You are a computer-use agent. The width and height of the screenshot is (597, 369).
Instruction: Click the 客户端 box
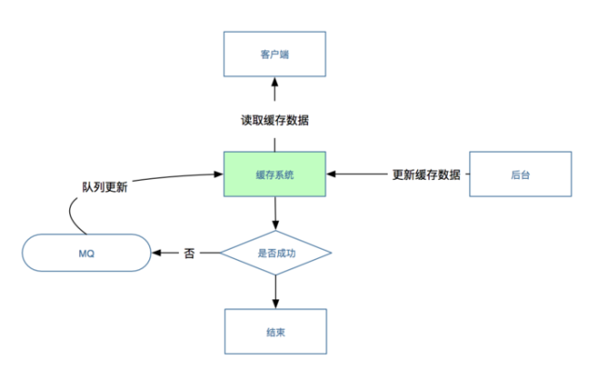(x=274, y=54)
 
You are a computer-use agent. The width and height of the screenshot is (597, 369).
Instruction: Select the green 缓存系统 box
(x=274, y=173)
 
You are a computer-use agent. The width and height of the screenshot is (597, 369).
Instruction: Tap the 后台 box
(x=521, y=174)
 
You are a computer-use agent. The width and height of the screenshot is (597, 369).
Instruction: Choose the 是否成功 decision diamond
(x=275, y=253)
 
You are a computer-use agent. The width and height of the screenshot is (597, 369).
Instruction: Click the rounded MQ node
(x=86, y=253)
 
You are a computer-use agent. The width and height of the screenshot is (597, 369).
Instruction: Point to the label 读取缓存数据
(x=274, y=120)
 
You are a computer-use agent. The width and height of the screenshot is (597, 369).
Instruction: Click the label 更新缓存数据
(x=426, y=174)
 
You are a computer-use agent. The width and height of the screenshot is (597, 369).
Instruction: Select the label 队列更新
(x=104, y=185)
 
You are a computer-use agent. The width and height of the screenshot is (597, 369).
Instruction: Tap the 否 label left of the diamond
(x=189, y=253)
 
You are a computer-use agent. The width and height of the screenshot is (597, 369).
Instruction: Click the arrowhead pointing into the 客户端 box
(x=274, y=83)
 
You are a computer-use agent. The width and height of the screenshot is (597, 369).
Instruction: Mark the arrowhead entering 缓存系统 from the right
(x=332, y=174)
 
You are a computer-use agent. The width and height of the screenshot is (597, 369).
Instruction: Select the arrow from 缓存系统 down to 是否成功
(x=275, y=212)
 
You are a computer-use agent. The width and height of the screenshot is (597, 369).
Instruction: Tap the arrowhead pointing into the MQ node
(x=158, y=253)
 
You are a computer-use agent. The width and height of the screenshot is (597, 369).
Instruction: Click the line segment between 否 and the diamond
(x=209, y=253)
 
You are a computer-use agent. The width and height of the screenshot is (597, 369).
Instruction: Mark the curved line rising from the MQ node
(x=73, y=216)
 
